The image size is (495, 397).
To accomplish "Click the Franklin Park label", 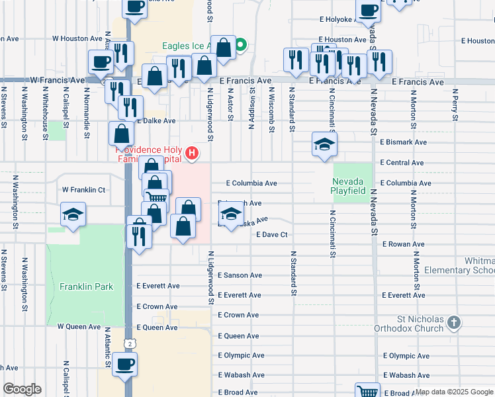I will point(86,287).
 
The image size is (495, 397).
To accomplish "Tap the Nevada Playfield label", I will point(349,185).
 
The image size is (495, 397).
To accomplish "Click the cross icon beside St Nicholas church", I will point(453,323).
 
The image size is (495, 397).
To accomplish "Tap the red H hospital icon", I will point(192,154).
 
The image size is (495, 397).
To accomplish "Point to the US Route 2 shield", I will point(131,343).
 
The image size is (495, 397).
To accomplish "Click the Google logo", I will point(22,389).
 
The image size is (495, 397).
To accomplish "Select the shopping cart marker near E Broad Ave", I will point(367,391).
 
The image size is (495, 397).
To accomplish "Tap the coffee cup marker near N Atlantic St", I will point(124,363).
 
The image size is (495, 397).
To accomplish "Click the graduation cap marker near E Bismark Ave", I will point(324,144).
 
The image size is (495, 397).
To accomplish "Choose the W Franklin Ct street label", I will point(84,190).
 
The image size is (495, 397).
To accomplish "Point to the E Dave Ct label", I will point(272,234).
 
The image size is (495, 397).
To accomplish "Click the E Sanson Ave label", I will point(240,275).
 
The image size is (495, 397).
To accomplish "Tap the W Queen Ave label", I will point(79,327).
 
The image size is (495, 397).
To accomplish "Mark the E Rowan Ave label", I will point(404,244).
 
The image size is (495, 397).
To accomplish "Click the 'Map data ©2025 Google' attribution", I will point(454,392).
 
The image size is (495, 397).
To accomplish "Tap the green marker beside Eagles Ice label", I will point(241,46).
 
